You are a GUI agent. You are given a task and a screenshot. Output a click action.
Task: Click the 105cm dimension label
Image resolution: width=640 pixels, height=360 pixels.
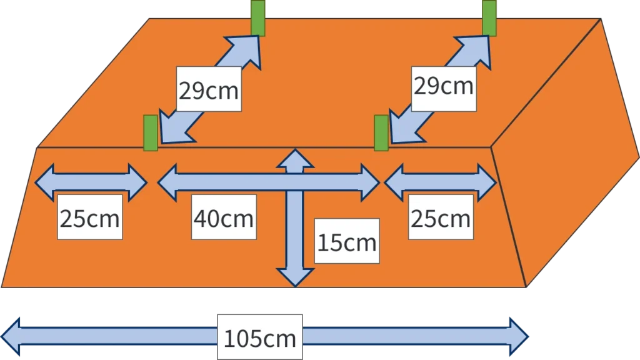(259, 339)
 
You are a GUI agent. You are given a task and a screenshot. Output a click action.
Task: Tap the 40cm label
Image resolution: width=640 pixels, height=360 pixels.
(224, 218)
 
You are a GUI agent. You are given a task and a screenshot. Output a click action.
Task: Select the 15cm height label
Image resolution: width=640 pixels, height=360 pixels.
(347, 242)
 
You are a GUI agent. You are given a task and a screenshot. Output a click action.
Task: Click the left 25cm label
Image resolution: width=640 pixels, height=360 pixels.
(90, 218)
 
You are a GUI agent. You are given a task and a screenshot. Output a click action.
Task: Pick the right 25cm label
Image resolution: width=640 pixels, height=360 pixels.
(440, 218)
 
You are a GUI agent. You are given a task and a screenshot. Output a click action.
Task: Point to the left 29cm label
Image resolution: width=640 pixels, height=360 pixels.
(208, 90)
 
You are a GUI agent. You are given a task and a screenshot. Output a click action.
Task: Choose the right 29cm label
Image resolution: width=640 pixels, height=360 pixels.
(442, 86)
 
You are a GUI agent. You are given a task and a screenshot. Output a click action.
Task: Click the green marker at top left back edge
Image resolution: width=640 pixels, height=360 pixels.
(258, 17)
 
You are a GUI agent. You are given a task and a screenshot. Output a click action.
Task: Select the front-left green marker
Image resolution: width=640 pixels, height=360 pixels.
(151, 132)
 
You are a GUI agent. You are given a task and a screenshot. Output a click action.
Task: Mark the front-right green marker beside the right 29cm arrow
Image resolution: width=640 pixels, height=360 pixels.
(381, 133)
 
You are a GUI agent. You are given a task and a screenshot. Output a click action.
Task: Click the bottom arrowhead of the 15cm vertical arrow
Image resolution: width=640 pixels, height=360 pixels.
(294, 276)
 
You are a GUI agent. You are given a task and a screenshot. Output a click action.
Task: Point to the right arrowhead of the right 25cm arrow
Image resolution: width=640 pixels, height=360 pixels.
(487, 182)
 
